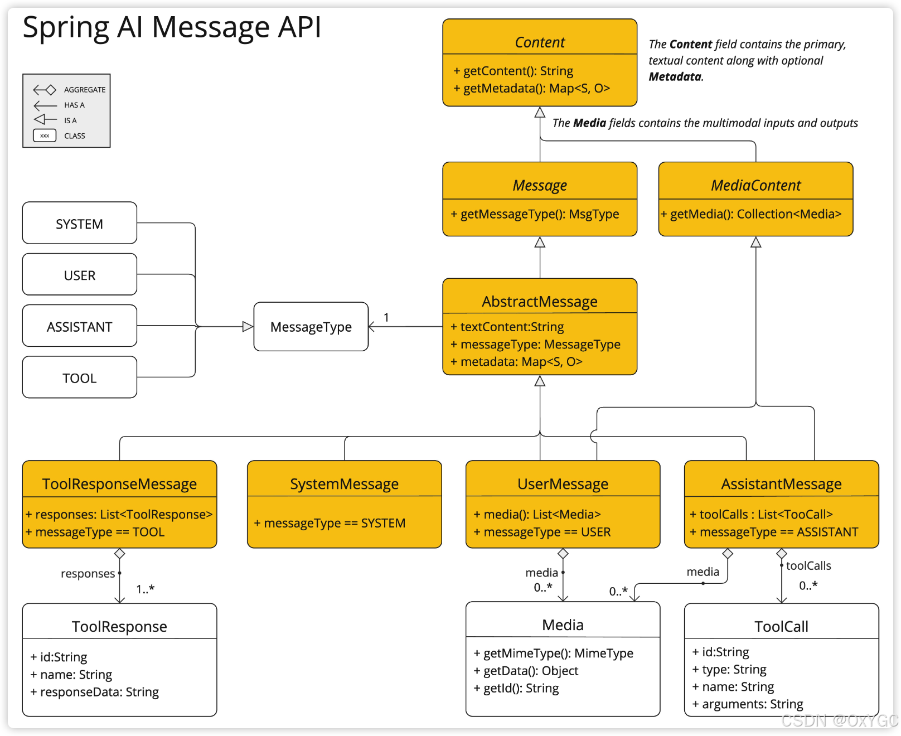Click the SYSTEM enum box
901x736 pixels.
tap(80, 223)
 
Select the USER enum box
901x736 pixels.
tap(80, 274)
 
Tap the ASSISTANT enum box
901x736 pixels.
tap(80, 326)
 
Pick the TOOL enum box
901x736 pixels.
tap(80, 377)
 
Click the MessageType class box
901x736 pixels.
tap(311, 327)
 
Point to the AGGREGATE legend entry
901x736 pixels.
tap(69, 90)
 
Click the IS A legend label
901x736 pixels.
tap(70, 120)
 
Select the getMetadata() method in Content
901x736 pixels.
tap(531, 88)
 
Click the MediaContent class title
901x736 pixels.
tap(755, 185)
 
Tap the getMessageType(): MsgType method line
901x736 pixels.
tap(535, 214)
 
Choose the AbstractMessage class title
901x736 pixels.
tap(540, 302)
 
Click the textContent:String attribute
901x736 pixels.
tap(507, 327)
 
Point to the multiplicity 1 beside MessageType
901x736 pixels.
tap(386, 317)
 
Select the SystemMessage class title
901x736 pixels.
tap(344, 484)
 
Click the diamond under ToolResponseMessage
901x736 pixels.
tap(119, 554)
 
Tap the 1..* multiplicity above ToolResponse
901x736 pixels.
tap(145, 589)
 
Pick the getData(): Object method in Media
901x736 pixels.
tap(526, 671)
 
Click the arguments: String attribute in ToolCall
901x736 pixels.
tap(748, 704)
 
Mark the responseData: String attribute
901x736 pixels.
tap(95, 692)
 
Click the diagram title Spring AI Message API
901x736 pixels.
tap(172, 27)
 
